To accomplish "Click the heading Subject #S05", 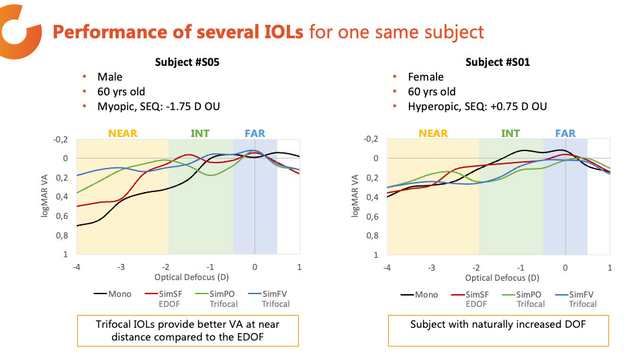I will point(187,62).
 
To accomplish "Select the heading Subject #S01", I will point(498,62).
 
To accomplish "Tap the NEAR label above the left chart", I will point(123,133).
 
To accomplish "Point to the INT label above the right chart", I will point(510,133).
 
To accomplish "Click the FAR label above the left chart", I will point(255,133).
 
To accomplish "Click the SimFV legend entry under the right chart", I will point(582,294).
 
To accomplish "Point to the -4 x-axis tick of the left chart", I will point(77,267).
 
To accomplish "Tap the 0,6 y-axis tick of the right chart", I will point(374,216).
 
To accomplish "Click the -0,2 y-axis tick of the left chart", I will point(62,139).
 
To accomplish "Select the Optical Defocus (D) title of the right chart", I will point(498,277).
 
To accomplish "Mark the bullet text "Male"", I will point(110,77).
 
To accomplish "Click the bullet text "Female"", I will point(426,77).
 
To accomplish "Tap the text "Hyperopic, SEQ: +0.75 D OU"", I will point(477,106).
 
